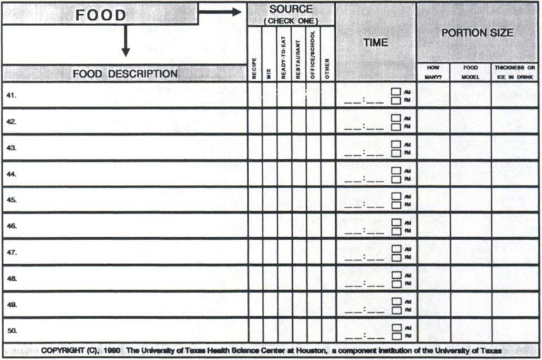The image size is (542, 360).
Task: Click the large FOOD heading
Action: pyautogui.click(x=101, y=15)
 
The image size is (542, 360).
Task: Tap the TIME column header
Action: pyautogui.click(x=375, y=42)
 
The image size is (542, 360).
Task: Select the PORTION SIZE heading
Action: pyautogui.click(x=477, y=32)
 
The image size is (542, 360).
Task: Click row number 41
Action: pyautogui.click(x=12, y=95)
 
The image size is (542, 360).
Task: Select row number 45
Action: pyautogui.click(x=12, y=200)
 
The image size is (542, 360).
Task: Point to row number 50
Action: pyautogui.click(x=12, y=330)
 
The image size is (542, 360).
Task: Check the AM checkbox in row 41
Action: pyautogui.click(x=396, y=91)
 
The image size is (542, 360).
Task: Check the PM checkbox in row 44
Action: pyautogui.click(x=396, y=179)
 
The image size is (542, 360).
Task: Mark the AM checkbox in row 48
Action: pyautogui.click(x=396, y=275)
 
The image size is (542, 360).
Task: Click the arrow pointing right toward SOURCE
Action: pyautogui.click(x=219, y=12)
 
